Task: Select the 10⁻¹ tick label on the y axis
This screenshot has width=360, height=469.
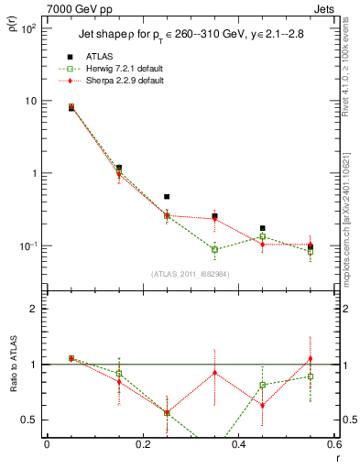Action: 27,246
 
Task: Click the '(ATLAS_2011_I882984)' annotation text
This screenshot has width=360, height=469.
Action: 190,274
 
